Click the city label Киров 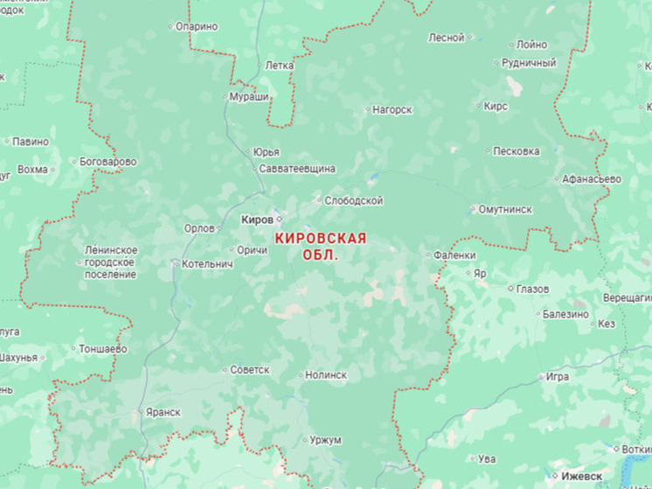click(256, 219)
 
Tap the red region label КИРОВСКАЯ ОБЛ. click(320, 246)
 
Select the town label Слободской click(353, 201)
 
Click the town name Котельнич click(207, 263)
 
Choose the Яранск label click(163, 412)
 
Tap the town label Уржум click(325, 439)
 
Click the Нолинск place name click(325, 374)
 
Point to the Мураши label click(249, 96)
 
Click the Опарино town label click(197, 26)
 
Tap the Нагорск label click(392, 109)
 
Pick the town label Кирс click(496, 106)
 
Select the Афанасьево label click(591, 178)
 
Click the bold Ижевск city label click(581, 476)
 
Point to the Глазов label click(532, 289)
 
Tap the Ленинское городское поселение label click(110, 262)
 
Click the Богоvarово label click(108, 162)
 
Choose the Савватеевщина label click(297, 167)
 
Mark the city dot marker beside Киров click(280, 219)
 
